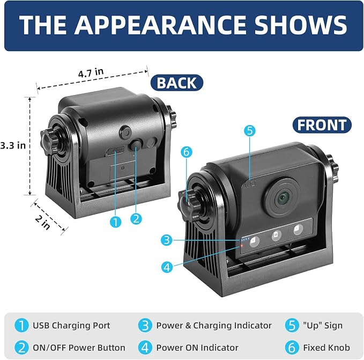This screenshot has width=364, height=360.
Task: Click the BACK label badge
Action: (177, 83)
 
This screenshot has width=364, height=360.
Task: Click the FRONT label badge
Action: (322, 125)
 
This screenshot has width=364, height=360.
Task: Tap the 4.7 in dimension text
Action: (91, 73)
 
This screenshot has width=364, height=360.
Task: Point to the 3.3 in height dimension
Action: (13, 145)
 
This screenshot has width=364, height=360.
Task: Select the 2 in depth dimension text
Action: (43, 223)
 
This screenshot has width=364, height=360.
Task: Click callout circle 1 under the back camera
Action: (115, 222)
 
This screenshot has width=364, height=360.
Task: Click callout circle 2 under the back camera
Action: (136, 219)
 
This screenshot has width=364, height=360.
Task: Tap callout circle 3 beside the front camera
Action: (167, 240)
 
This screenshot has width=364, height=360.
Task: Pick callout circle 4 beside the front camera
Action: (167, 267)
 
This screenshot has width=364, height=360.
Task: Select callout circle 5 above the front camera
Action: (250, 130)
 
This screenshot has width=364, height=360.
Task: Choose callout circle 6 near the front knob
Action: (187, 152)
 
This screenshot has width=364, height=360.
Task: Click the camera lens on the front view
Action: (283, 198)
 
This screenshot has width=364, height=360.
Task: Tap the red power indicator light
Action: (242, 246)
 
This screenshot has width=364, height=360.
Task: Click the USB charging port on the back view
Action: (115, 151)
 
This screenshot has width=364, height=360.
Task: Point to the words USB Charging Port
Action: (71, 325)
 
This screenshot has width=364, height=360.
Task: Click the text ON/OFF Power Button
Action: (79, 348)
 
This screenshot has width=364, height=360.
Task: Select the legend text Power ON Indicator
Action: (197, 348)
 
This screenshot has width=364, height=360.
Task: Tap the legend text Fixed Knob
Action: (326, 348)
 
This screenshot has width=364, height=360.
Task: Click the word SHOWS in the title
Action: (301, 25)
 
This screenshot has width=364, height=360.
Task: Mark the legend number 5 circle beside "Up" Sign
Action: (292, 326)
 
